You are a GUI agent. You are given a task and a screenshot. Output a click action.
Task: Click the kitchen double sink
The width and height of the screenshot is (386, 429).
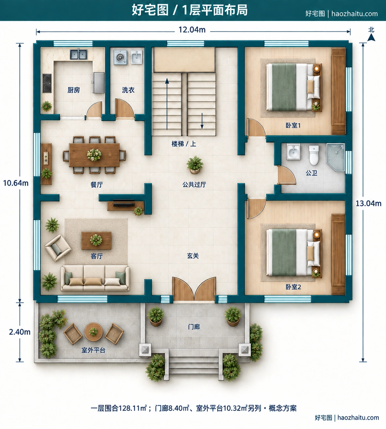79,54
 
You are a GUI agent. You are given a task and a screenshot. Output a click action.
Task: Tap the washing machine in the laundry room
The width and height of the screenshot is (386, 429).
120,57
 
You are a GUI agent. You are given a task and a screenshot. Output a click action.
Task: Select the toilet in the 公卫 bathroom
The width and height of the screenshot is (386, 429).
314,155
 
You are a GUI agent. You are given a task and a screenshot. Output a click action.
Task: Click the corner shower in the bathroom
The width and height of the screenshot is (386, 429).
335,157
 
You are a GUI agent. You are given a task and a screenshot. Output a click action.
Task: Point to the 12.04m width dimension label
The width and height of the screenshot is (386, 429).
192,30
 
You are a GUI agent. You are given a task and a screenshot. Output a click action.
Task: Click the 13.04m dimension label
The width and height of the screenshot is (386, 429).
368,203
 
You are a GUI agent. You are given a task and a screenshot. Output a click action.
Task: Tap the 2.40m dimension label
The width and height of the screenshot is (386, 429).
19,332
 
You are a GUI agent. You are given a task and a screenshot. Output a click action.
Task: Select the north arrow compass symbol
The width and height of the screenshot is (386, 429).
371,34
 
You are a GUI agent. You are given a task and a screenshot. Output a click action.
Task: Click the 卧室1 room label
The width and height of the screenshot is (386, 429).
293,125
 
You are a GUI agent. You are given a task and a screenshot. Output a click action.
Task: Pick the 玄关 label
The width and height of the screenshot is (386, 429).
193,256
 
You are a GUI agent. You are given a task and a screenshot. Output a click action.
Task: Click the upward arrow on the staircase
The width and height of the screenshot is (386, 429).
167,104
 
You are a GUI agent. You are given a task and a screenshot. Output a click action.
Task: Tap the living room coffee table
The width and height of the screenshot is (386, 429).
96,240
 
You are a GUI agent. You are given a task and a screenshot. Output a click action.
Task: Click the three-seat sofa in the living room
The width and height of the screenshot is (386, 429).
95,278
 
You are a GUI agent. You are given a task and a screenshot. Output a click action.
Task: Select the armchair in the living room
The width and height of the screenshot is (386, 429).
57,248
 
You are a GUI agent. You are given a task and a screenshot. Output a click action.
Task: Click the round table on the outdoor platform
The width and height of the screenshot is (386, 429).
93,332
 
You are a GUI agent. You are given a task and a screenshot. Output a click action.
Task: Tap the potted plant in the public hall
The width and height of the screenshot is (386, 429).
195,165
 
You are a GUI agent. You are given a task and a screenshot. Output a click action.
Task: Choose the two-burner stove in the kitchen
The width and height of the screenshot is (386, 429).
47,83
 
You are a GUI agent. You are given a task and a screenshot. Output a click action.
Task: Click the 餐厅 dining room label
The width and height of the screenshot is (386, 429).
97,185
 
